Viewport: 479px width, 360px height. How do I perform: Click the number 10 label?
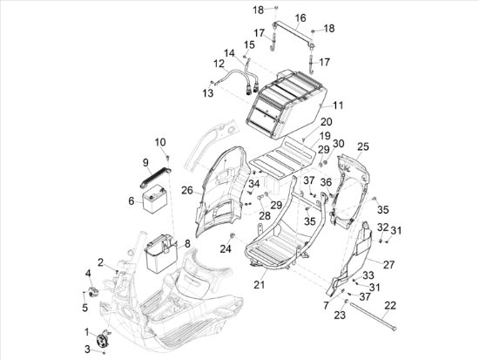[160, 141]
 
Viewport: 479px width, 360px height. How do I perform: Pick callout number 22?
[390, 304]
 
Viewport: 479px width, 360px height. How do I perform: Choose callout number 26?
[186, 189]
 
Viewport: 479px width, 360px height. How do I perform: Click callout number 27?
[388, 262]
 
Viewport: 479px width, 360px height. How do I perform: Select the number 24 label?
[226, 248]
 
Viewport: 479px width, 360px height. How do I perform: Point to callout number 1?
[87, 331]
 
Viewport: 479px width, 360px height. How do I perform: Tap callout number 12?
[219, 63]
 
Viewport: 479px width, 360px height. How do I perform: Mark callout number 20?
[301, 122]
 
